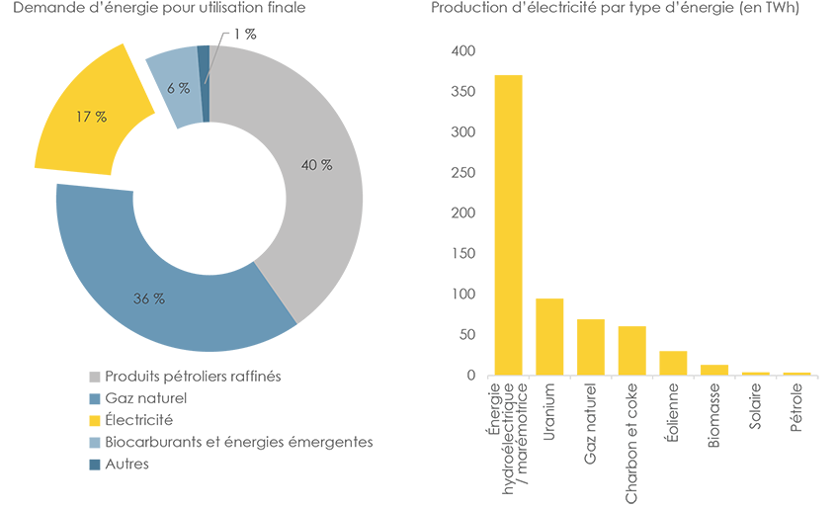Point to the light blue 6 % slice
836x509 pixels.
click(x=173, y=84)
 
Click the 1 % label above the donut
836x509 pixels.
click(x=244, y=35)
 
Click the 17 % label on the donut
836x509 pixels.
click(x=91, y=117)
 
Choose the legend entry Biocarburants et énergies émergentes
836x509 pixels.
click(x=238, y=442)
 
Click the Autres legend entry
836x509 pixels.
click(x=126, y=464)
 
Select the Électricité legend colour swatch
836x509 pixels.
click(x=95, y=420)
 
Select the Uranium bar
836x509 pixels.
click(x=549, y=337)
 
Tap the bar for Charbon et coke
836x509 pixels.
click(x=631, y=351)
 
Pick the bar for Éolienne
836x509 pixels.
click(x=673, y=363)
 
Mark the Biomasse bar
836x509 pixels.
click(x=714, y=370)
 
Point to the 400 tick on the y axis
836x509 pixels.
click(x=463, y=51)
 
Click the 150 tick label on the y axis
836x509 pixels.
click(x=463, y=254)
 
